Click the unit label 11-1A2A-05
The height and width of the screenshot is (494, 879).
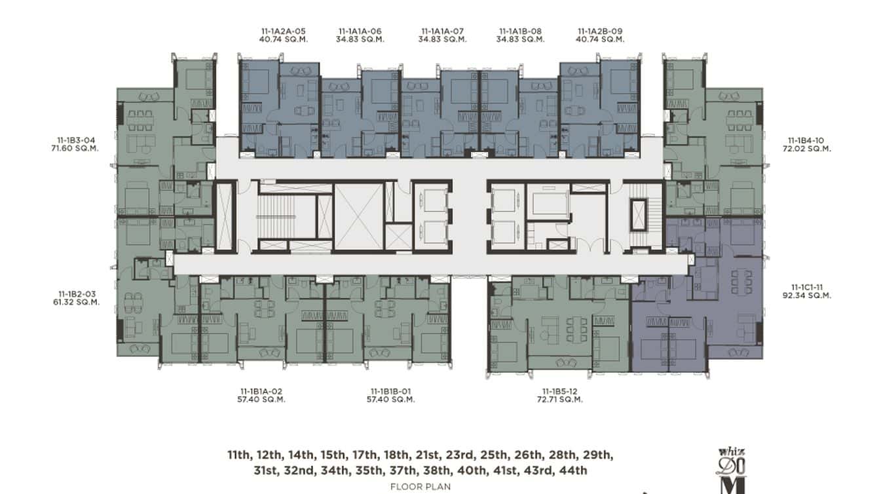coord(283,31)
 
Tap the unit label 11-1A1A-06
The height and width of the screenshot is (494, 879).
coord(360,31)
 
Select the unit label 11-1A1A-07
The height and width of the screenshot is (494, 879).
coord(442,31)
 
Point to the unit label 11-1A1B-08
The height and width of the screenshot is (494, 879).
coord(520,31)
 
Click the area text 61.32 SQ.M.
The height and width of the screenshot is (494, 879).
coord(76,303)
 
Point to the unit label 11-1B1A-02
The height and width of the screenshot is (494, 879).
coord(261,391)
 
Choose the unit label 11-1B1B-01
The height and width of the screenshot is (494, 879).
coord(390,391)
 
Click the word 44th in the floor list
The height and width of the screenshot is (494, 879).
coord(574,470)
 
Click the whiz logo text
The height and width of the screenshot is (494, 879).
coord(732,451)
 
